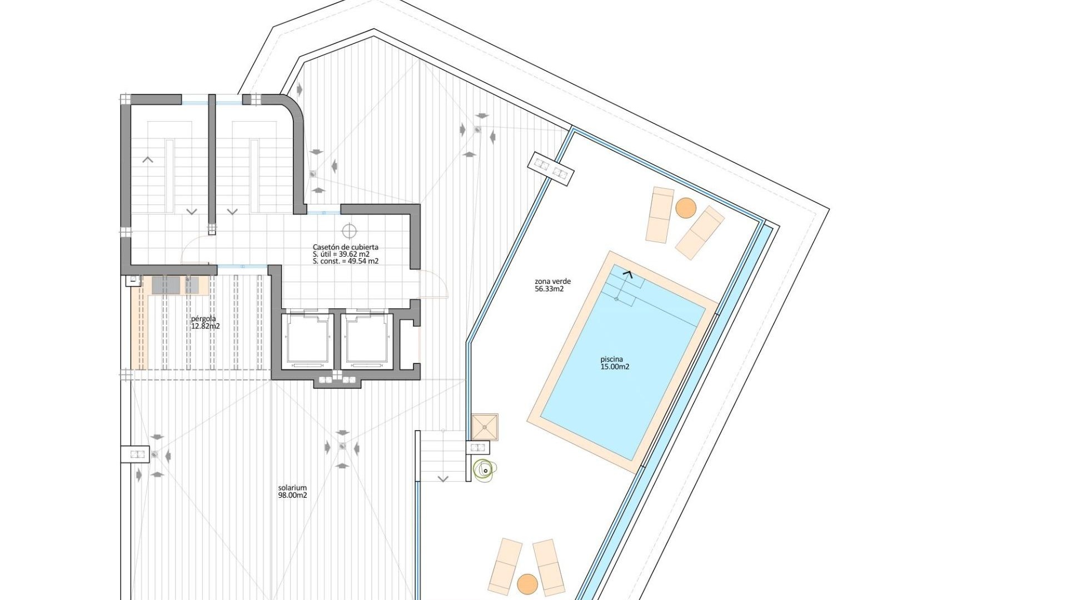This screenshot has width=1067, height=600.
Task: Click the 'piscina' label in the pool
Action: coord(611,359)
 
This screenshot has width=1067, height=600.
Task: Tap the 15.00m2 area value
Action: coord(615,367)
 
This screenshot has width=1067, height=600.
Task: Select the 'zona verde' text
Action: coord(552,282)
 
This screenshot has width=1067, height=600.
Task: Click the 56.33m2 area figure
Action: coord(549,289)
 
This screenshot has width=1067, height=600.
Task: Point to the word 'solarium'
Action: coord(292,488)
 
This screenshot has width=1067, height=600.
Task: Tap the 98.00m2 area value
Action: coord(292,496)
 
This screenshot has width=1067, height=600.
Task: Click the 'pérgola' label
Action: coord(203,319)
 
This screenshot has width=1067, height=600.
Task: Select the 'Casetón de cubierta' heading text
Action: coord(345,247)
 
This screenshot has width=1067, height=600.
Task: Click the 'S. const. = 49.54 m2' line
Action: coord(345,261)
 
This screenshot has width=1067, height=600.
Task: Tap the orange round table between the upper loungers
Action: coord(686,208)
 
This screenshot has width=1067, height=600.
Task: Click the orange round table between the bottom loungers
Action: coord(527,583)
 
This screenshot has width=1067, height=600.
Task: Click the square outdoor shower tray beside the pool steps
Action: coord(485,427)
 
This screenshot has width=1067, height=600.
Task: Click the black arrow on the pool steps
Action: coord(628,273)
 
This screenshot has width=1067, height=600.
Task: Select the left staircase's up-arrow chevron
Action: coord(147,160)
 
